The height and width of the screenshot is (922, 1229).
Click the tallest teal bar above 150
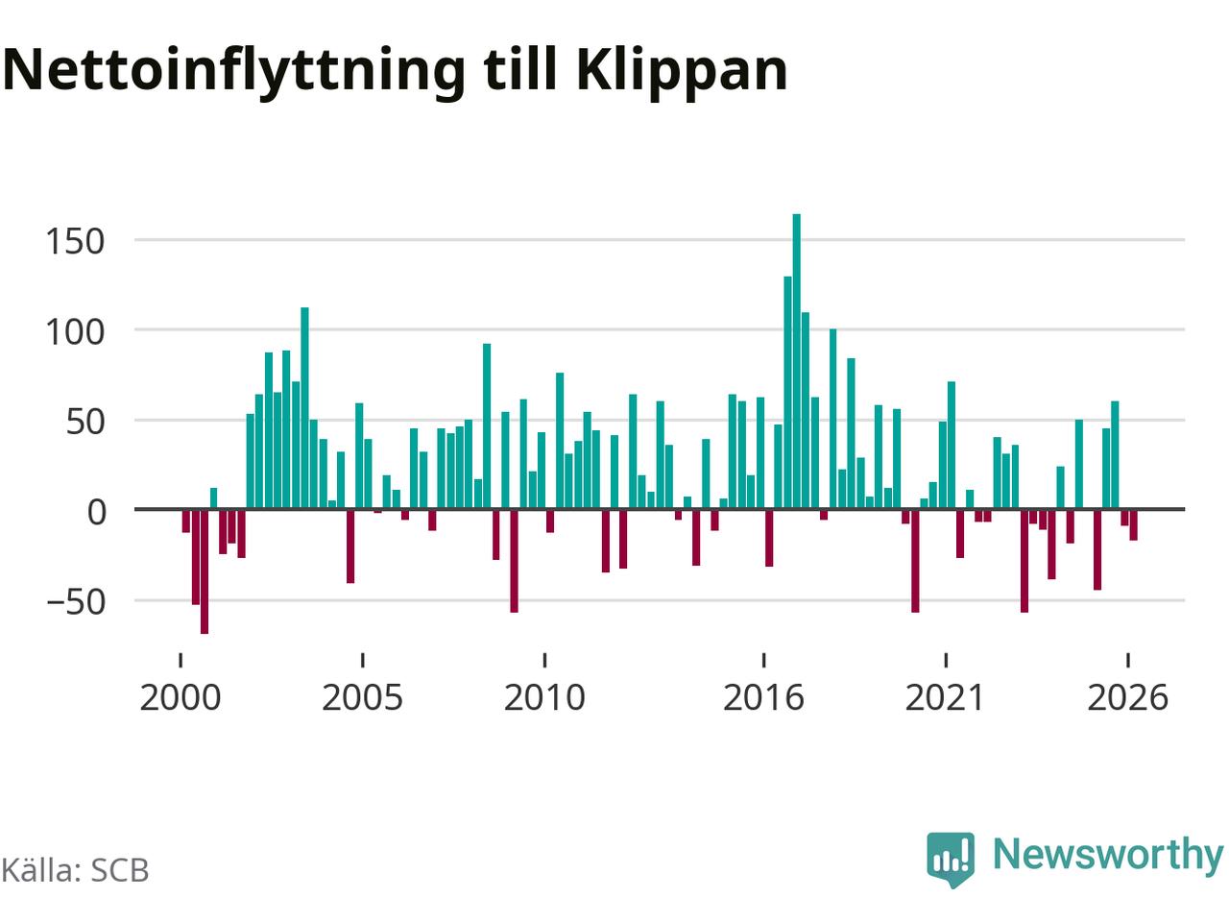tap(796, 361)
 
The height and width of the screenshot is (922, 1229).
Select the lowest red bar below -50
tap(205, 571)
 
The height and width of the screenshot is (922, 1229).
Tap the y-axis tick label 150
tap(75, 242)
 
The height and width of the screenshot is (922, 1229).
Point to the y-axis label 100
tap(75, 332)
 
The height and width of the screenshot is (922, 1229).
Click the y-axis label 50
tap(85, 422)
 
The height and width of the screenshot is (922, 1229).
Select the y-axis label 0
tap(96, 512)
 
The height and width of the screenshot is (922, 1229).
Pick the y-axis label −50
tap(76, 602)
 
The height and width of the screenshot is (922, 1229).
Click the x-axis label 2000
tap(181, 698)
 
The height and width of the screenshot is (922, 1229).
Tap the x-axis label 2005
tap(362, 698)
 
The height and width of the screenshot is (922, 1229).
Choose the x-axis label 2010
tap(544, 698)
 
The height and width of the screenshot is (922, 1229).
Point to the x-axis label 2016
tap(763, 698)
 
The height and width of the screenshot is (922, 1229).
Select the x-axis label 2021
tap(945, 698)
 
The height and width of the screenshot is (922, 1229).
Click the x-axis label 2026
tap(1127, 698)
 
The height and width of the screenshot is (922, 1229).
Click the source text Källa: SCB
tap(75, 870)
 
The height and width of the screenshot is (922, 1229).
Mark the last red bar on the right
tap(1133, 525)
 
